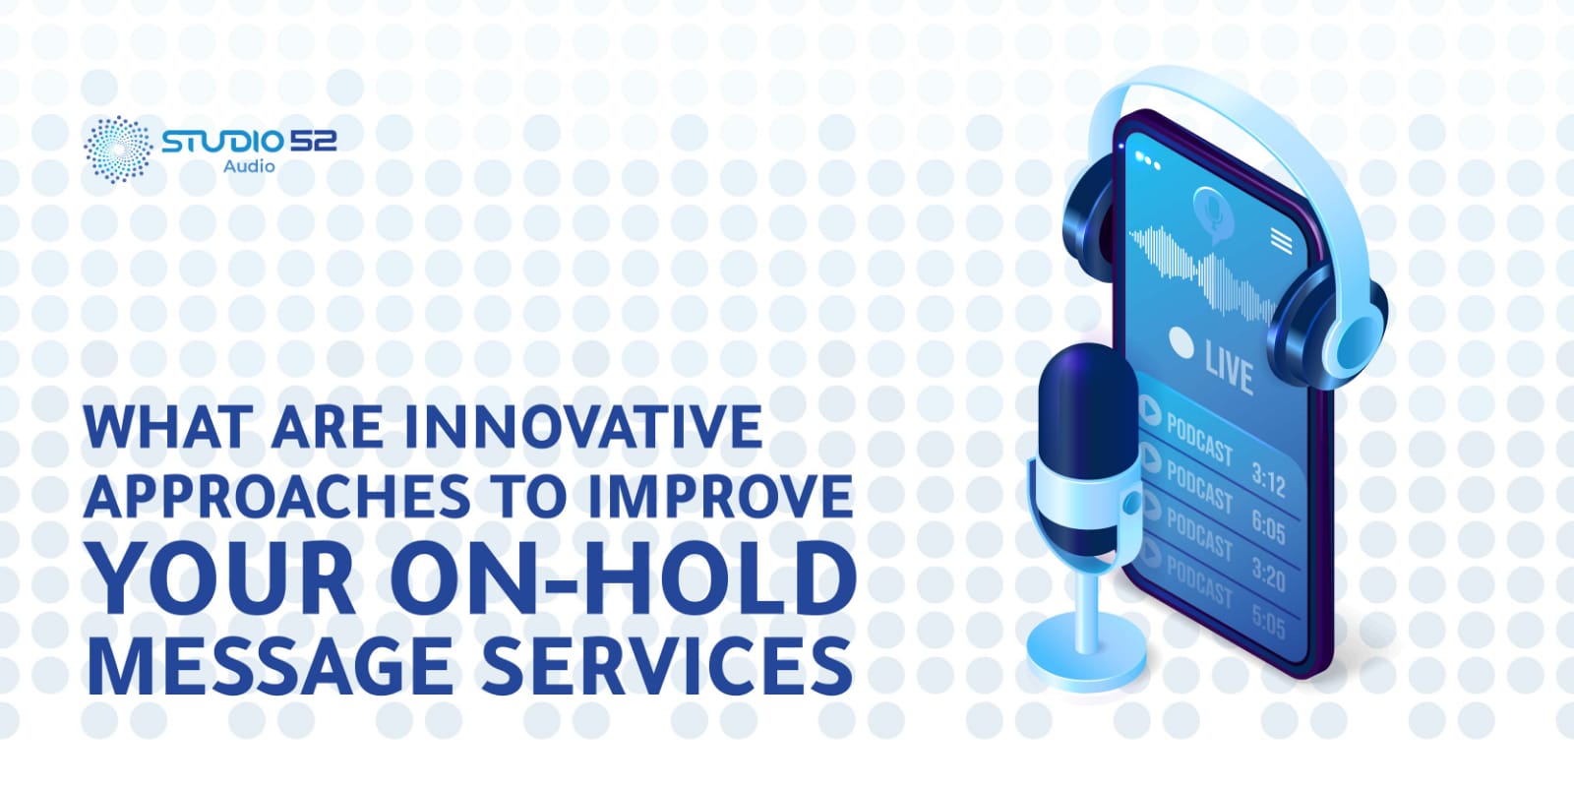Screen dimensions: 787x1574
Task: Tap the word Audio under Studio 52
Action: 249,167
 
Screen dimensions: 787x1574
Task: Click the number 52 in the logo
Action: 313,141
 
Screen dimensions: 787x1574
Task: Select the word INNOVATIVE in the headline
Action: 583,426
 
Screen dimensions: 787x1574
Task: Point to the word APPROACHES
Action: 277,497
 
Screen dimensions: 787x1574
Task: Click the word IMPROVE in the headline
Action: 719,497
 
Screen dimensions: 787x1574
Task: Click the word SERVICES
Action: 667,665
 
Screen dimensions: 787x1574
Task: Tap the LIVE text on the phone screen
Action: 1229,368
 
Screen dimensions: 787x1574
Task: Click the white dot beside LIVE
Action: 1180,343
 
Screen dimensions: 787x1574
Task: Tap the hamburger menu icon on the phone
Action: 1281,240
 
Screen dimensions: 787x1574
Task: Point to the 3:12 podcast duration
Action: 1268,481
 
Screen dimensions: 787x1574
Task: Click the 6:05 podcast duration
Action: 1268,529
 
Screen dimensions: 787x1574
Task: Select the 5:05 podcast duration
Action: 1268,623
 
